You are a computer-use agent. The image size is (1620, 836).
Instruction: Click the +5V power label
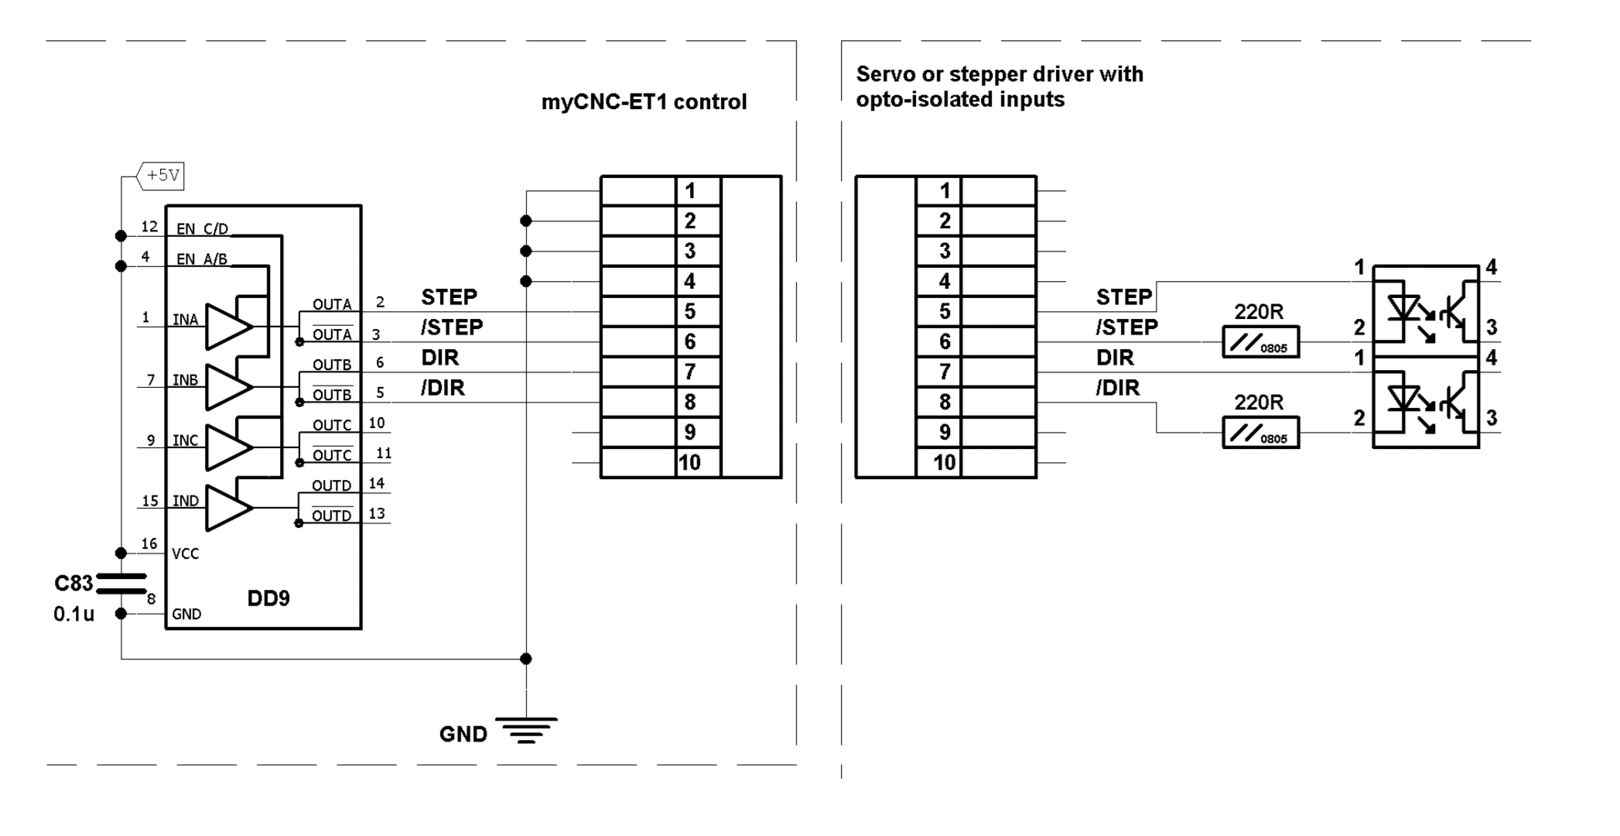coord(162,176)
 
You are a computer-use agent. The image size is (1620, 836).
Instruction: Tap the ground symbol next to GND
coord(526,730)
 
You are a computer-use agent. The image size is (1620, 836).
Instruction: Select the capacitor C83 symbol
coord(121,584)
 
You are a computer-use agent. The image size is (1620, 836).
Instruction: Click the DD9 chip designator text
coord(268,598)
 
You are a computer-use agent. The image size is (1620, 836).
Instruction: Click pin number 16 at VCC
coord(149,544)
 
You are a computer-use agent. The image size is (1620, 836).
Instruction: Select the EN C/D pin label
coord(202,229)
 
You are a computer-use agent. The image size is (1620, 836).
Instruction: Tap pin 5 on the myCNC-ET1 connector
coord(690,312)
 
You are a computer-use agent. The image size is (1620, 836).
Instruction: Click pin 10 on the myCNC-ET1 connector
coord(689,463)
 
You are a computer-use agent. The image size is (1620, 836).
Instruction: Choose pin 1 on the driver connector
coord(945,191)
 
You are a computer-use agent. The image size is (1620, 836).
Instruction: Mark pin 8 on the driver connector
coord(945,403)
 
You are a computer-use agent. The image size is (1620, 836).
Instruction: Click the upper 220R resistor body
coord(1260,342)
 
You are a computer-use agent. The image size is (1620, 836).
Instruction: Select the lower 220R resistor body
coord(1260,433)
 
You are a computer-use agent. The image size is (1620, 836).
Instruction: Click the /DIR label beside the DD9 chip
coord(443,388)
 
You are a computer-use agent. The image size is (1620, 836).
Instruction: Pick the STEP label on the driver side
coord(1123,297)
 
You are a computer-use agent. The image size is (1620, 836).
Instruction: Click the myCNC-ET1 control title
coord(644,102)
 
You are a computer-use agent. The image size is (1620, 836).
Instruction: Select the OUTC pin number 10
coord(377,423)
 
